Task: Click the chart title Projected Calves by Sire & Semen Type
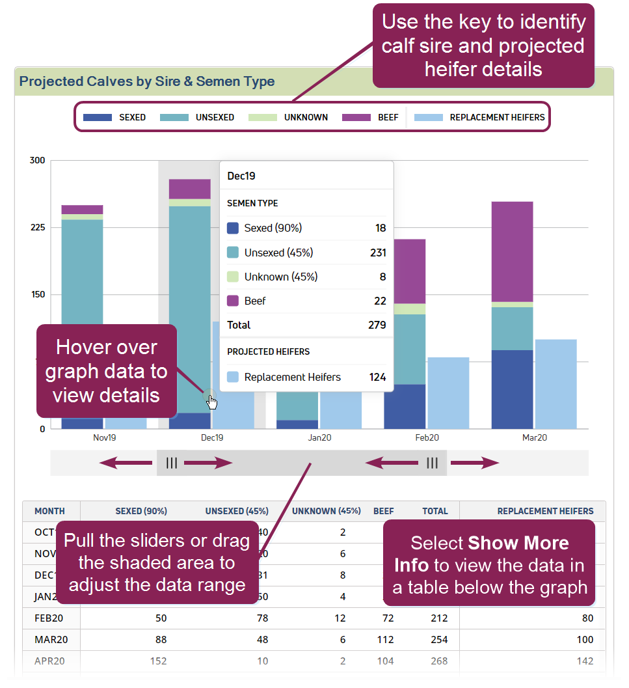[147, 81]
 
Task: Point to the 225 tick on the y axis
[38, 227]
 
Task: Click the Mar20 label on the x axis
[534, 438]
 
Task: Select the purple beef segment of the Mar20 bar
[512, 251]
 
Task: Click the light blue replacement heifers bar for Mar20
[555, 383]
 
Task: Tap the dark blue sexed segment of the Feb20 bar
[405, 406]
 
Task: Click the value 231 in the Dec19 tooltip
[378, 253]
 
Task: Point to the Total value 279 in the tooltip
[377, 325]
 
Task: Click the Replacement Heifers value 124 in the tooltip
[377, 377]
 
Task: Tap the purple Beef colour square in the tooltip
[233, 301]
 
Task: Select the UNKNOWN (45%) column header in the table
[326, 512]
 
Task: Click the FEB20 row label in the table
[49, 618]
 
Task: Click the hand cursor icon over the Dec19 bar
[212, 402]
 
